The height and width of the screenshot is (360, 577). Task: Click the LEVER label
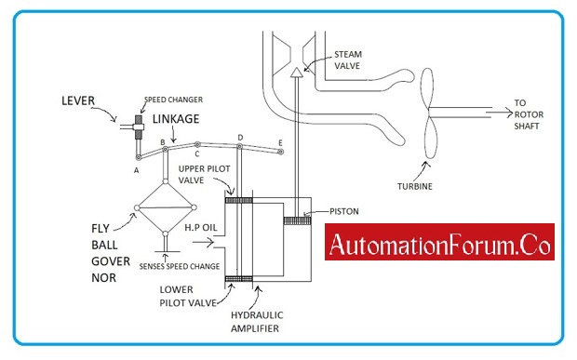[x=79, y=99]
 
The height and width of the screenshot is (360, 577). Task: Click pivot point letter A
[x=137, y=171]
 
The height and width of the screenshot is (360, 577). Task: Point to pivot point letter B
[x=163, y=141]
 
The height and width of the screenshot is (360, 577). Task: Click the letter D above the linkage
[x=240, y=137]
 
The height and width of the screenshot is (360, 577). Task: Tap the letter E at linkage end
[x=280, y=142]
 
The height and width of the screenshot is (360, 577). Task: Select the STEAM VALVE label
[x=348, y=59]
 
